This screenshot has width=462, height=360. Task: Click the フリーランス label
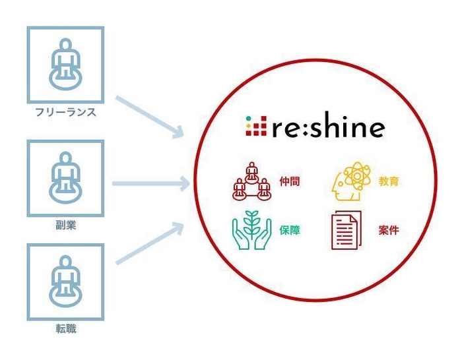click(66, 112)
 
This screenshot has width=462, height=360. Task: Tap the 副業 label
click(66, 225)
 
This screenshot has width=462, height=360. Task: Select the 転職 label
click(66, 328)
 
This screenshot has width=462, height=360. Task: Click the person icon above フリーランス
click(65, 64)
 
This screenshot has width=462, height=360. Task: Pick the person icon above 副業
click(65, 177)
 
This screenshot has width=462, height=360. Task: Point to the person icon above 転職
click(65, 281)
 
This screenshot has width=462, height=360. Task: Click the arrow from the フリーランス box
click(150, 117)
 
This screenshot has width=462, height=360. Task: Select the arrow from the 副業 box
click(151, 184)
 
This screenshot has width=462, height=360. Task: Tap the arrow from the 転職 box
click(150, 243)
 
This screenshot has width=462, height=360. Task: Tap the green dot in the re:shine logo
click(249, 119)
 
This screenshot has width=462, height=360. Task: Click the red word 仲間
click(290, 181)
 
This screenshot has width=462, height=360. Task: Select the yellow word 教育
click(389, 181)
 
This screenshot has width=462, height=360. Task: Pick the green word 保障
click(290, 230)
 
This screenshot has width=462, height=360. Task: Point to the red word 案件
click(389, 230)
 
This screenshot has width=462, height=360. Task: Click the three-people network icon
click(251, 181)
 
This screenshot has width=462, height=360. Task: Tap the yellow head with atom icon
click(351, 181)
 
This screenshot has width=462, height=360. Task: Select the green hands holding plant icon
click(251, 230)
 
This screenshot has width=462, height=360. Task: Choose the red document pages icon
click(346, 230)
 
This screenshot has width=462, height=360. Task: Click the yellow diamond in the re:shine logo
click(249, 126)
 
